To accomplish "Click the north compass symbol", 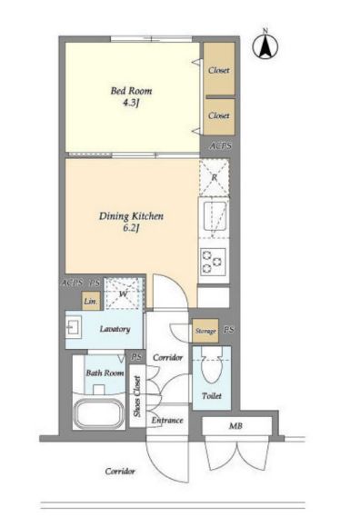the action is (265, 46).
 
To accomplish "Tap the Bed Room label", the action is (131, 91).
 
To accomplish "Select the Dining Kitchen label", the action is (131, 215).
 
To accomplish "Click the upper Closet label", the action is (219, 70).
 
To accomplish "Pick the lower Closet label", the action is (219, 115).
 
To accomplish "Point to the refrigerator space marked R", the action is (215, 178).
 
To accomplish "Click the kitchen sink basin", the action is (215, 217).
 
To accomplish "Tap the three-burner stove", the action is (213, 263).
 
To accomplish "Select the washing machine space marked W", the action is (124, 293).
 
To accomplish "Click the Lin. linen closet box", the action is (91, 301).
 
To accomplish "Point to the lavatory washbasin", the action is (73, 327).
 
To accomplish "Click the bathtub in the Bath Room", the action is (99, 414).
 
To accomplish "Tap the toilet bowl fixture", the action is (212, 365).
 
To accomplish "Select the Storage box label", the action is (205, 331).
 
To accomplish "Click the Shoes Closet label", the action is (137, 396).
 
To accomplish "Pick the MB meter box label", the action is (235, 426).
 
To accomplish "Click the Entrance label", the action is (167, 420).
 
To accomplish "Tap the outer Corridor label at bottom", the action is (120, 472).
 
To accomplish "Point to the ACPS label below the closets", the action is (221, 146).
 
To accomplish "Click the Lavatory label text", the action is (115, 329).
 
